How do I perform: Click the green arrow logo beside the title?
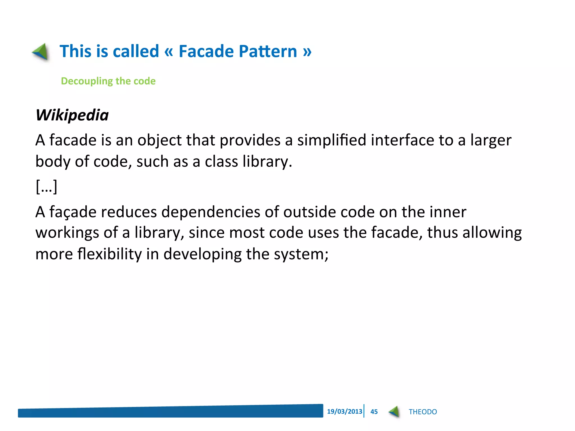tap(41, 51)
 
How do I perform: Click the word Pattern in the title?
tap(268, 51)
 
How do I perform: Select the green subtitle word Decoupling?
tap(87, 81)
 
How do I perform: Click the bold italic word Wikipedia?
tap(72, 115)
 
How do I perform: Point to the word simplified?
tap(332, 140)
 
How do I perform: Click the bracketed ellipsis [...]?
tap(47, 186)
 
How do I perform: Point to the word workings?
tap(67, 233)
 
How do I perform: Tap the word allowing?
tap(492, 233)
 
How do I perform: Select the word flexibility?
tap(109, 254)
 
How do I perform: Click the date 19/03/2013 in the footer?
tap(344, 411)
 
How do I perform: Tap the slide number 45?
tap(374, 412)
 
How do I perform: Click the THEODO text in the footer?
tap(423, 412)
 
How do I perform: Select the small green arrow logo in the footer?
tap(394, 412)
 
